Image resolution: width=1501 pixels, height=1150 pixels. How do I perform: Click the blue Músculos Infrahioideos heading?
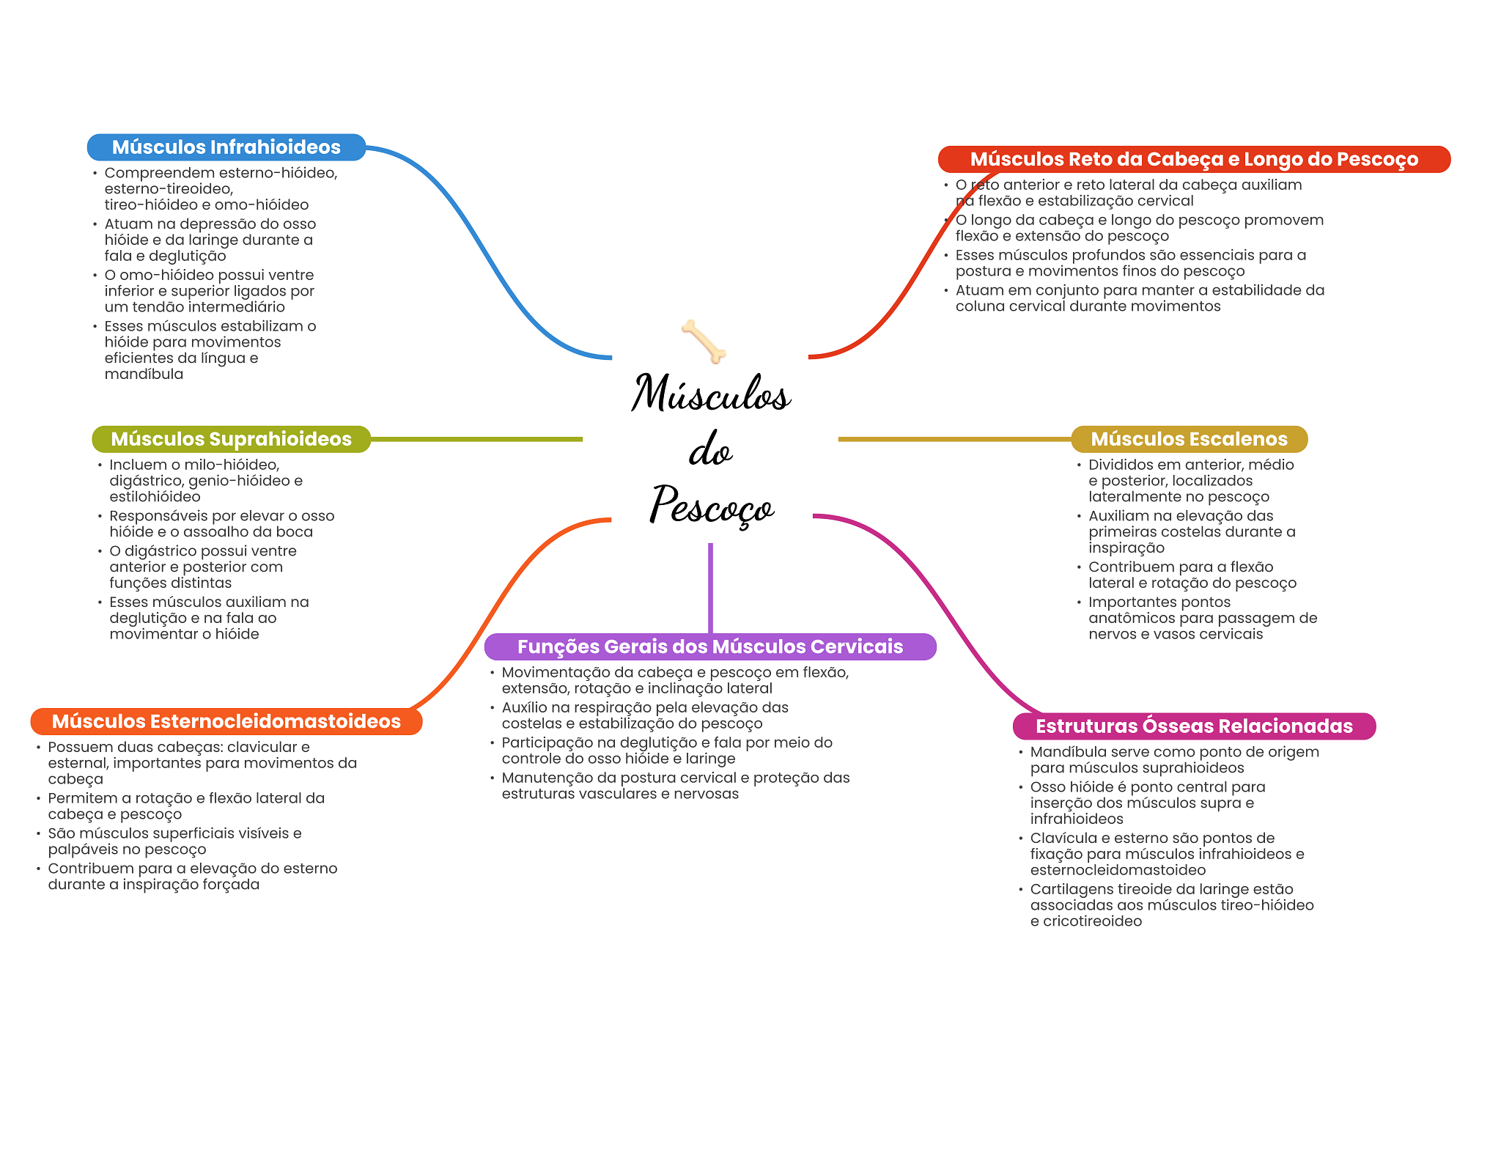226,147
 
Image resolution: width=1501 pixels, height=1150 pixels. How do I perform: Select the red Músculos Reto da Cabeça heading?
1193,159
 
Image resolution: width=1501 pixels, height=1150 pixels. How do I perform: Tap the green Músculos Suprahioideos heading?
231,439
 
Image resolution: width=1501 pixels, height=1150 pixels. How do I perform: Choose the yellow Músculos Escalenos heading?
1189,439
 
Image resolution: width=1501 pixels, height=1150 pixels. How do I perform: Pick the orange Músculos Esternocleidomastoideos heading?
226,721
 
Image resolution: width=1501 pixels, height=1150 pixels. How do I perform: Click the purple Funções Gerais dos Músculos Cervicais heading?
709,646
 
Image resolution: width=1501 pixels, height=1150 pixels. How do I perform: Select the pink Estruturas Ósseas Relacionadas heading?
1193,726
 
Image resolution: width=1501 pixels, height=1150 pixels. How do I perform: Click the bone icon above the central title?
704,341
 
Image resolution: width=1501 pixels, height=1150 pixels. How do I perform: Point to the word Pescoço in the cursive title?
711,506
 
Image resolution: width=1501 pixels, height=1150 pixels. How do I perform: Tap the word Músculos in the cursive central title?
711,394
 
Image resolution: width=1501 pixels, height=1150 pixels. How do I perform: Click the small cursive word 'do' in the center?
710,450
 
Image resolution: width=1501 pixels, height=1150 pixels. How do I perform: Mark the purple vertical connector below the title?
710,586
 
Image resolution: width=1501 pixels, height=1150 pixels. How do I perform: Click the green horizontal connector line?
476,439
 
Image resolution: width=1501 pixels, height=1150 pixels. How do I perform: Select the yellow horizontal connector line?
953,439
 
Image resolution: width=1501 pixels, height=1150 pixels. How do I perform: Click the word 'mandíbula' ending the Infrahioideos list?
144,374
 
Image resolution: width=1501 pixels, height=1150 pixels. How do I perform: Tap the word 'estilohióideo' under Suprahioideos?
155,496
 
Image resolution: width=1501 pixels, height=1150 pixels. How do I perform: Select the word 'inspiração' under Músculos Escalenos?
1126,548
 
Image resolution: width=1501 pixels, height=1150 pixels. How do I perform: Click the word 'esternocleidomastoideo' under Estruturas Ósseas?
1118,870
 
